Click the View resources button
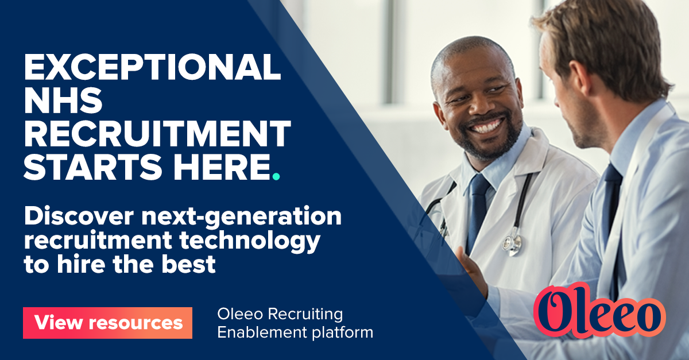[107, 323]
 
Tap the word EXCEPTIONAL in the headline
[152, 68]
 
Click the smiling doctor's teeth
[485, 126]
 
